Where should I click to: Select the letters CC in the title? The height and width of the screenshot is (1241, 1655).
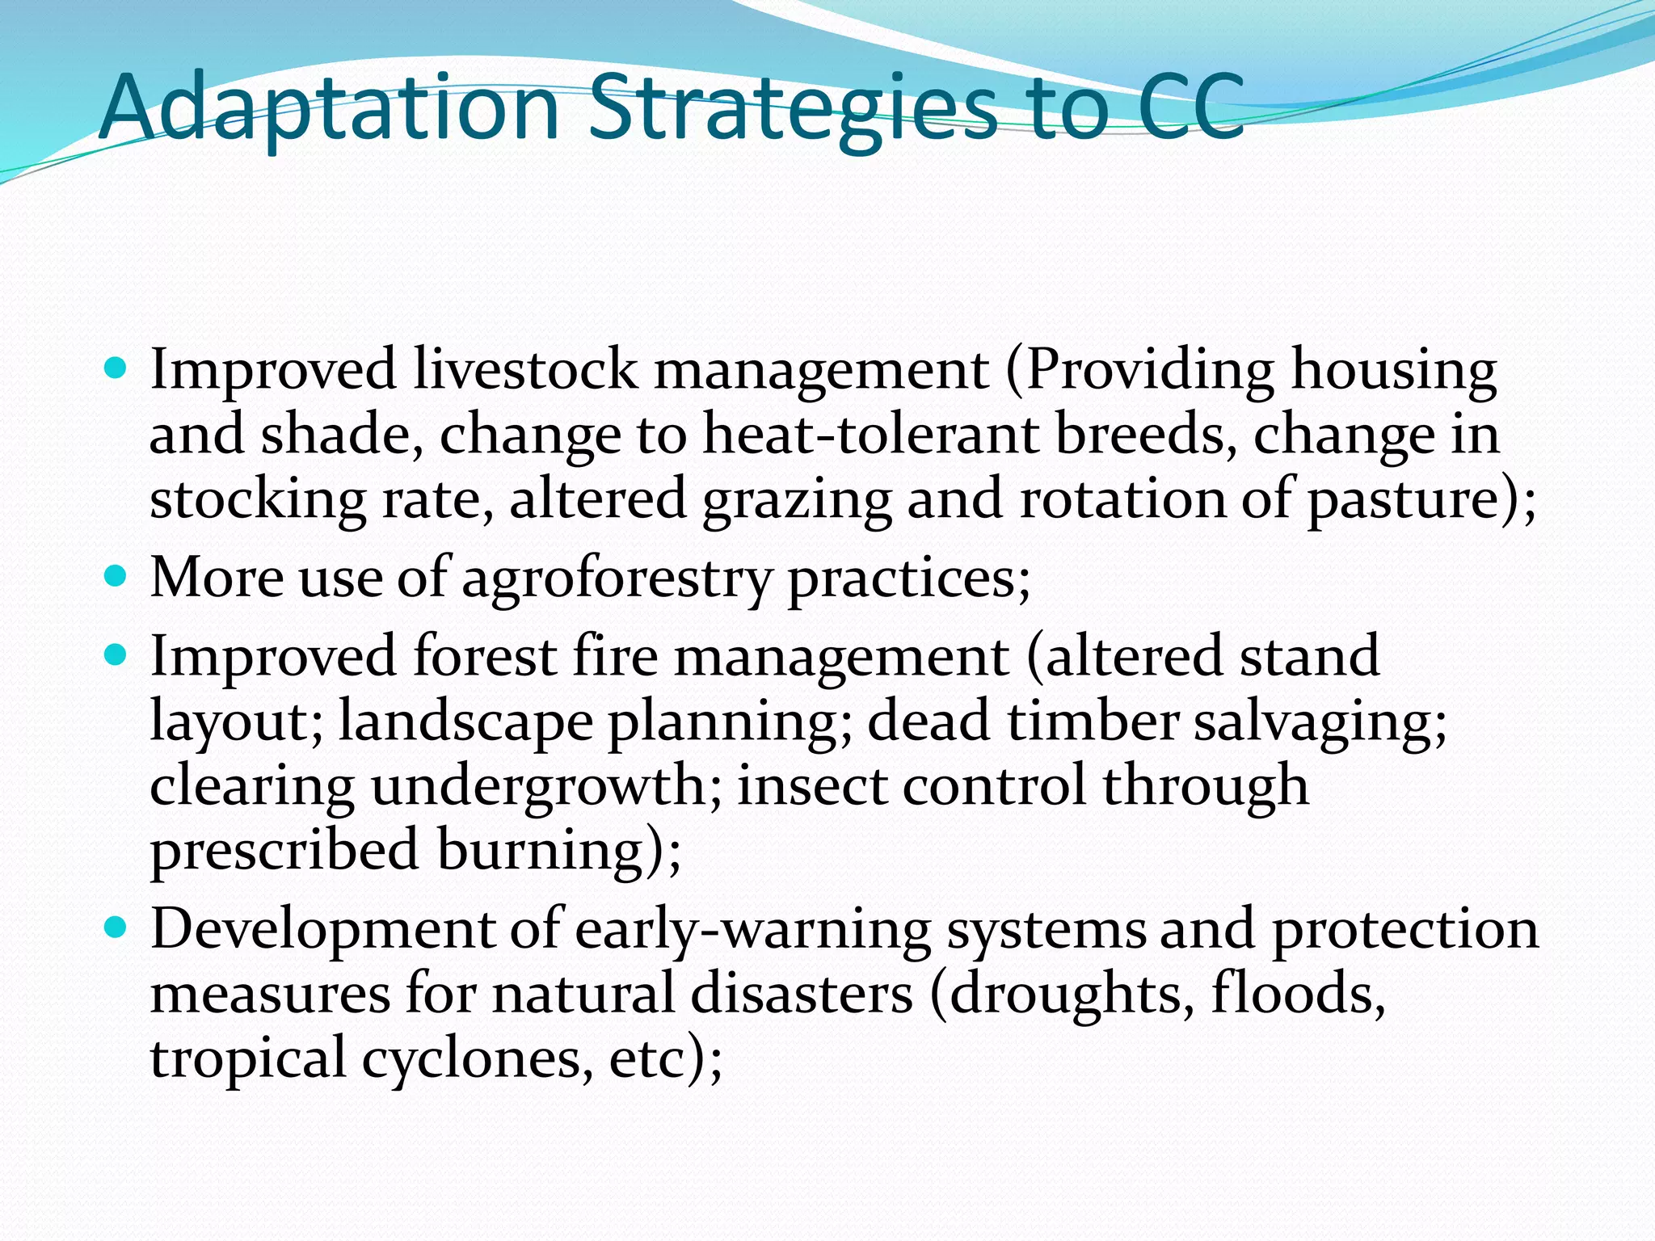(x=1190, y=108)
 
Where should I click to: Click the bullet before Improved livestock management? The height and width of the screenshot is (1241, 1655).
(x=116, y=371)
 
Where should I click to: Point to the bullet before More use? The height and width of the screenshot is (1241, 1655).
(x=116, y=578)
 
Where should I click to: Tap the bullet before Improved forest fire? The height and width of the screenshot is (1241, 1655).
(x=116, y=655)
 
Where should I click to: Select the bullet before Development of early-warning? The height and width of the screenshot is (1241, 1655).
(x=116, y=928)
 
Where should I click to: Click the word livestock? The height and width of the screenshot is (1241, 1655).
(x=525, y=370)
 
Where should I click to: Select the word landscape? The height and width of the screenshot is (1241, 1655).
(x=465, y=721)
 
